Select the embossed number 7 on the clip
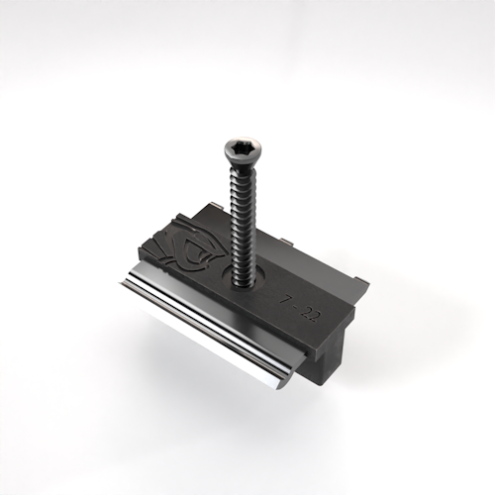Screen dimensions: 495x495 [285, 297]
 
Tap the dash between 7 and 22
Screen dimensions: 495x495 [295, 304]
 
